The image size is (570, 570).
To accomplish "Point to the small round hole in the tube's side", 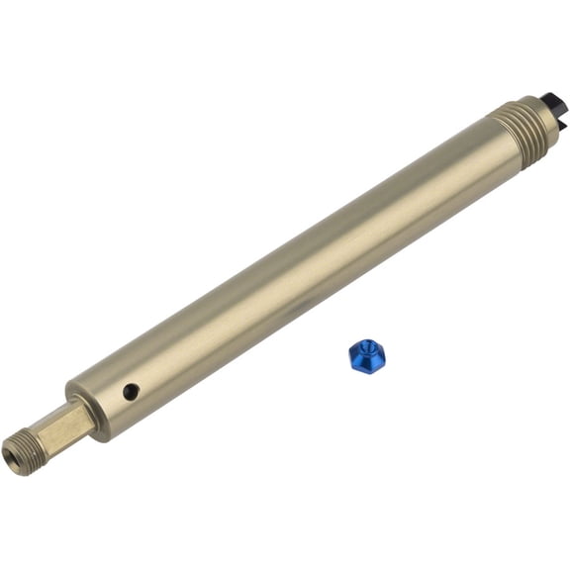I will tap(131, 392).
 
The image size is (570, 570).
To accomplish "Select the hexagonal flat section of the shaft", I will tap(67, 424).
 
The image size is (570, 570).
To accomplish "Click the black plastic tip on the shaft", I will tap(551, 101).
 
